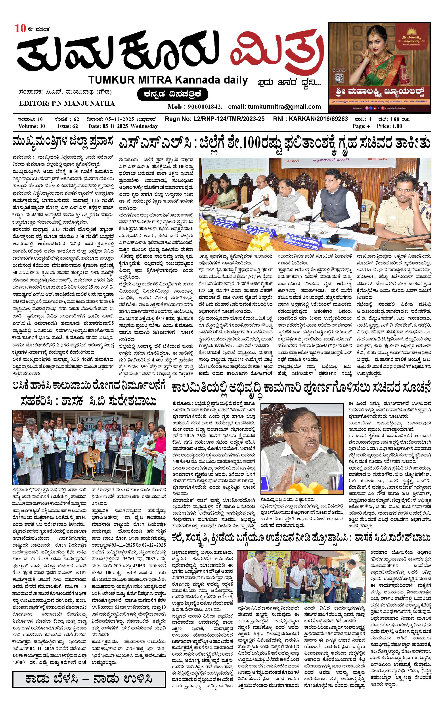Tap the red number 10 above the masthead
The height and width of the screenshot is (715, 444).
point(21,29)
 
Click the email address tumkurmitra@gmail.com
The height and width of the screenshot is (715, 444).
point(274,106)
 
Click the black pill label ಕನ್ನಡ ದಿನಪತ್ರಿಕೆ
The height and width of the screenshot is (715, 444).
point(173,95)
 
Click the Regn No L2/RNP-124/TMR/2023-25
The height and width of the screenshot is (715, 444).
point(215,119)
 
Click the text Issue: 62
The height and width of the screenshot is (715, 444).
point(67,126)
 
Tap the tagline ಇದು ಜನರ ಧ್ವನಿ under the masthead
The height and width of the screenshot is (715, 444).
point(289,83)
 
